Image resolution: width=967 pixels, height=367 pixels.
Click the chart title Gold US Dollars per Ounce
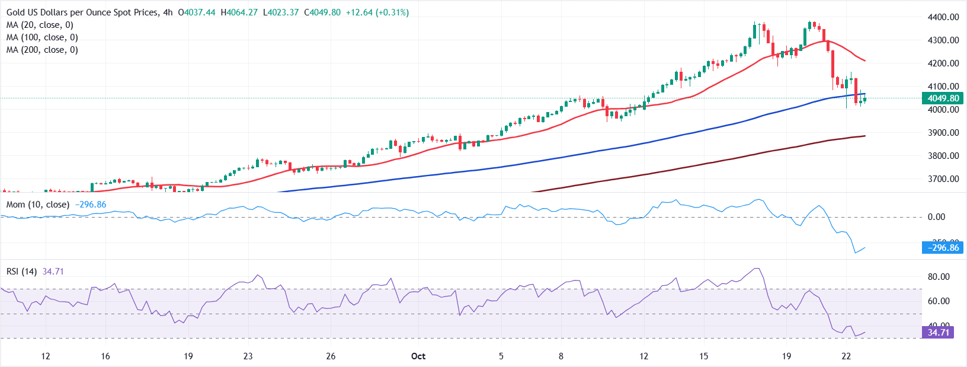click(82, 12)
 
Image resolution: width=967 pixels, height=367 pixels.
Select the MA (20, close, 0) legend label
click(40, 25)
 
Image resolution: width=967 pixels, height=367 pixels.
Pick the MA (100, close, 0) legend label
click(42, 37)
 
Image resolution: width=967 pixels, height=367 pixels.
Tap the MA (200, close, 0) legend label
click(42, 50)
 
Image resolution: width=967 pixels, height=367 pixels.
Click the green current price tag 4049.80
click(942, 98)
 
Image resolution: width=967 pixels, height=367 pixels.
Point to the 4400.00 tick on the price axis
click(943, 17)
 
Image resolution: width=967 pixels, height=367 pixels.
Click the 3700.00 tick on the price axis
click(943, 178)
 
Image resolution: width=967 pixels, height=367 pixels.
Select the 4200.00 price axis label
click(943, 63)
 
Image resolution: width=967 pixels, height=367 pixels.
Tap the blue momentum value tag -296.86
click(942, 248)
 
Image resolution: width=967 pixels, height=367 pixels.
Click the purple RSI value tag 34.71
click(938, 332)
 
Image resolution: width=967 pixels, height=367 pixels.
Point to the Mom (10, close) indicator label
click(38, 205)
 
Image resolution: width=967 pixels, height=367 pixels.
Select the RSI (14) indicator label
click(21, 272)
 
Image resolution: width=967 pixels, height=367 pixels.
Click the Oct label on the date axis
click(418, 356)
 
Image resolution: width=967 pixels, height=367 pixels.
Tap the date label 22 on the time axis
click(846, 356)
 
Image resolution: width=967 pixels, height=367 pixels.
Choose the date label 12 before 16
click(46, 356)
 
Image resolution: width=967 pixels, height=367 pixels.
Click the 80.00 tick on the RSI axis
click(939, 277)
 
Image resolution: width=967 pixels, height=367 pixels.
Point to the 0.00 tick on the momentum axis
click(936, 217)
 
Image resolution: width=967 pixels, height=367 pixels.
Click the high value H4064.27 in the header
click(239, 12)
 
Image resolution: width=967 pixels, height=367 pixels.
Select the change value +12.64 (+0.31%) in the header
click(377, 12)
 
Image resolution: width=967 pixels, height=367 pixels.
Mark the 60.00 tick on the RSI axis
click(939, 301)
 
